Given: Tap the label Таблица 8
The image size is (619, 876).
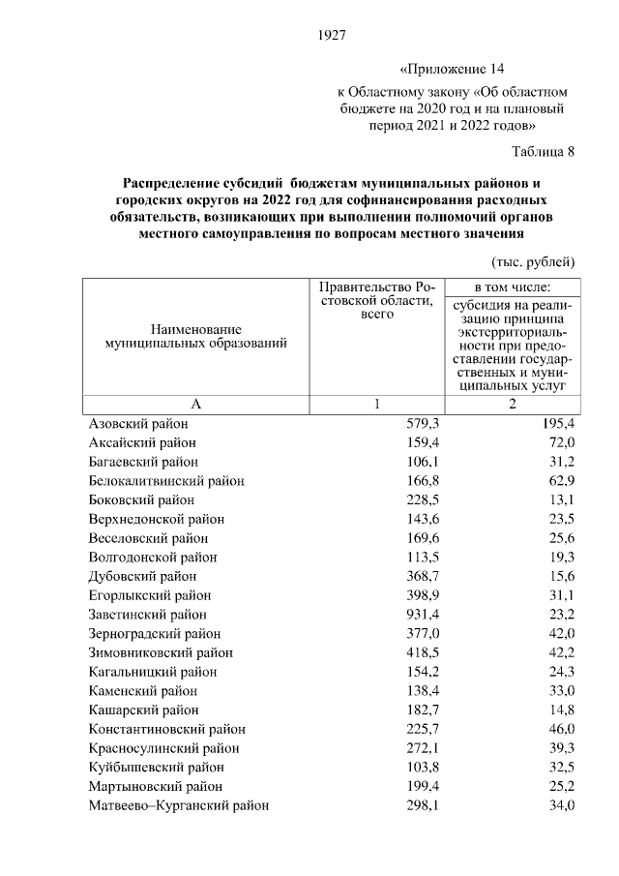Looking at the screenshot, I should click(x=544, y=151).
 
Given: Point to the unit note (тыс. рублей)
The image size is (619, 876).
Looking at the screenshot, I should click(x=534, y=261).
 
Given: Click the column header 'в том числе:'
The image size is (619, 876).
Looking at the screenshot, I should click(x=512, y=287).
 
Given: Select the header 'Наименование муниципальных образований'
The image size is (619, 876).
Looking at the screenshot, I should click(x=195, y=337).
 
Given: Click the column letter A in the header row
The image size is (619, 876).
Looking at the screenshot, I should click(x=195, y=405).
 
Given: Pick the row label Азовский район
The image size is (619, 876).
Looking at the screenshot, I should click(x=138, y=424).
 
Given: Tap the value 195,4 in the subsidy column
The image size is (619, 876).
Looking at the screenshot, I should click(x=557, y=424).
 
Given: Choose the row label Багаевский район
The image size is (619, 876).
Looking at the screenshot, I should click(x=144, y=462).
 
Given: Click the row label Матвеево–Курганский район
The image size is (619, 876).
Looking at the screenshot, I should click(x=179, y=804).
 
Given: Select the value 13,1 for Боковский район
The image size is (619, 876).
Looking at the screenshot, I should click(x=561, y=500).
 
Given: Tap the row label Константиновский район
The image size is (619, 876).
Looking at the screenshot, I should click(x=167, y=729).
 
